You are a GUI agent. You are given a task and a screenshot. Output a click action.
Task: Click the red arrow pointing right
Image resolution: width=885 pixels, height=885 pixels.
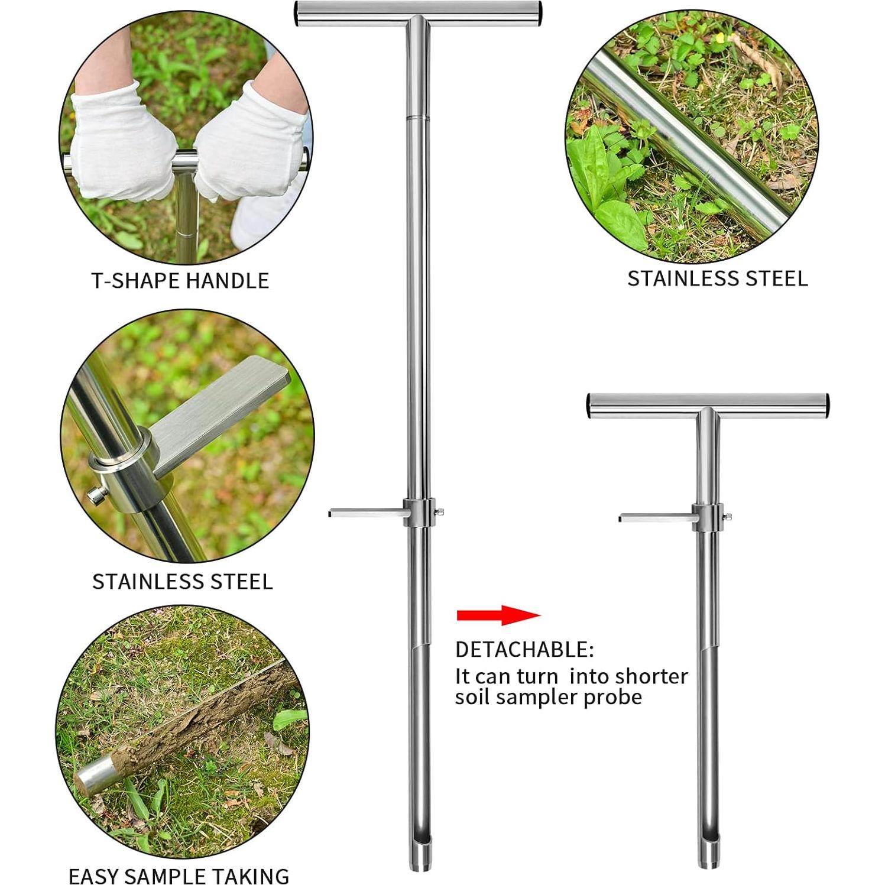pos(498,615)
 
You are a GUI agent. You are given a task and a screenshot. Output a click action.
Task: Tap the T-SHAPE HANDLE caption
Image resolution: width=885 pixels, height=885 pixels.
pos(180,280)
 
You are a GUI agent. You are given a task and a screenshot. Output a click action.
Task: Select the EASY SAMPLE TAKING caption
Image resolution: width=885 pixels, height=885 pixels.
pos(179,876)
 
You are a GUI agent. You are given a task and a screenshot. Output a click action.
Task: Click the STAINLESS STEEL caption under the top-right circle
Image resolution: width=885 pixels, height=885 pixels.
pos(717,278)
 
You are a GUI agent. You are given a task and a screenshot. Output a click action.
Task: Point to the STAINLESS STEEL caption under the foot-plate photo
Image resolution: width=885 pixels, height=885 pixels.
pos(183,582)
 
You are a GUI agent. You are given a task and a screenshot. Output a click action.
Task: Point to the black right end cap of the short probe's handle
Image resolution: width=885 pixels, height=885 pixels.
pos(826,406)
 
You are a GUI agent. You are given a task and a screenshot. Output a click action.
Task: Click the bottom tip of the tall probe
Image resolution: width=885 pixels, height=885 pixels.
pos(419,868)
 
